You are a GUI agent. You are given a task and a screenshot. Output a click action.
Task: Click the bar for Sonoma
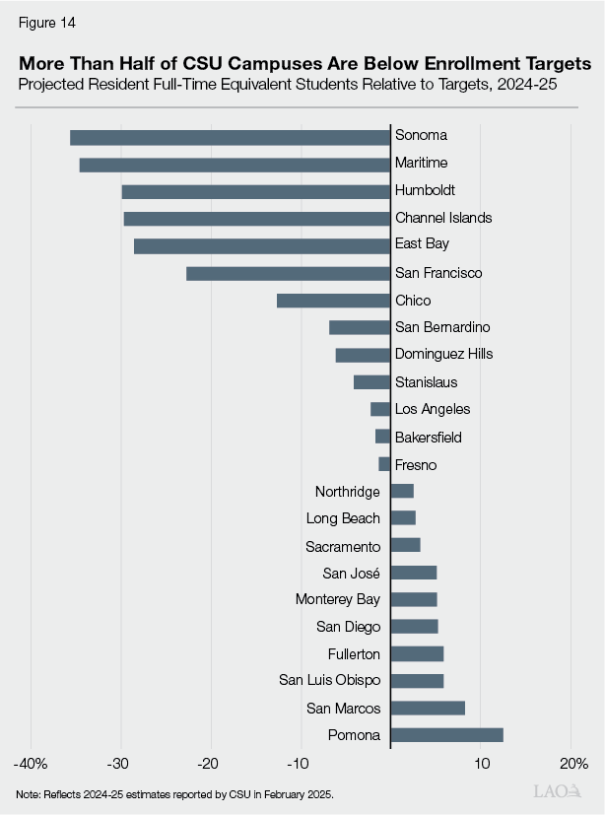pos(230,137)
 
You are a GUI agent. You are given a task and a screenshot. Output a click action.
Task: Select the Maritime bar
pos(235,165)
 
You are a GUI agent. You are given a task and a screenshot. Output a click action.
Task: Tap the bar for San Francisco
pos(288,273)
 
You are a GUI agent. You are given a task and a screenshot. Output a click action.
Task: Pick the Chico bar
pos(333,301)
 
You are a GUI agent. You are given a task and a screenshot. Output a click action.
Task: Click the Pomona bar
pos(446,734)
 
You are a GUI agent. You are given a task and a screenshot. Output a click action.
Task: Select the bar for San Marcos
pos(428,708)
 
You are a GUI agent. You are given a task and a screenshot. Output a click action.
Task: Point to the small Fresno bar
pos(384,464)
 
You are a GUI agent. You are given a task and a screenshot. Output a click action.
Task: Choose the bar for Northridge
pos(402,491)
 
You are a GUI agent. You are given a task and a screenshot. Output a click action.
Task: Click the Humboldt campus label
pos(425,190)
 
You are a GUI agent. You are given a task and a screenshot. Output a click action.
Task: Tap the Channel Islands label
pos(442,218)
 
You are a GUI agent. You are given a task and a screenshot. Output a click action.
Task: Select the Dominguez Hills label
pos(443,354)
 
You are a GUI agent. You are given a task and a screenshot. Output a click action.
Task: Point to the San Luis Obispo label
pos(329,680)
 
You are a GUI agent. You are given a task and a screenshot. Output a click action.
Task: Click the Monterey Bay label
pos(338,599)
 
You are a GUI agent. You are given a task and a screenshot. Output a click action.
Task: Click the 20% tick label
pos(572,764)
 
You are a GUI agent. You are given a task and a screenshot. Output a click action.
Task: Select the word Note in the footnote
pos(29,793)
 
